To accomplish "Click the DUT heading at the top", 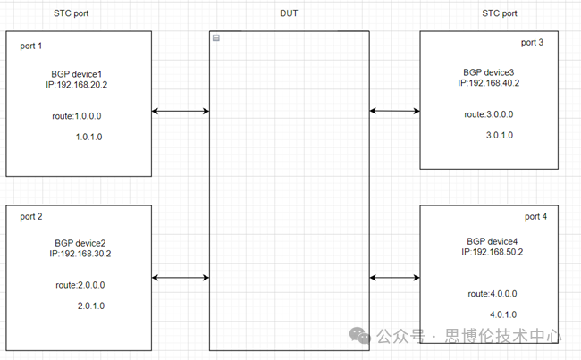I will [290, 13].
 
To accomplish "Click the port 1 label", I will [32, 46].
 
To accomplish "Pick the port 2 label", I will [32, 217].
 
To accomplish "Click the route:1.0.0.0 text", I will [79, 116].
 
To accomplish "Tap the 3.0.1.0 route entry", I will [501, 135].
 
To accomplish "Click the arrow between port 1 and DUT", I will [181, 112].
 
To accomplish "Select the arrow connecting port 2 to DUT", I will [181, 278].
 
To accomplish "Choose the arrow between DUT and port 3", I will [394, 112].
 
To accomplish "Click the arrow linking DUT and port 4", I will [394, 278].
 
